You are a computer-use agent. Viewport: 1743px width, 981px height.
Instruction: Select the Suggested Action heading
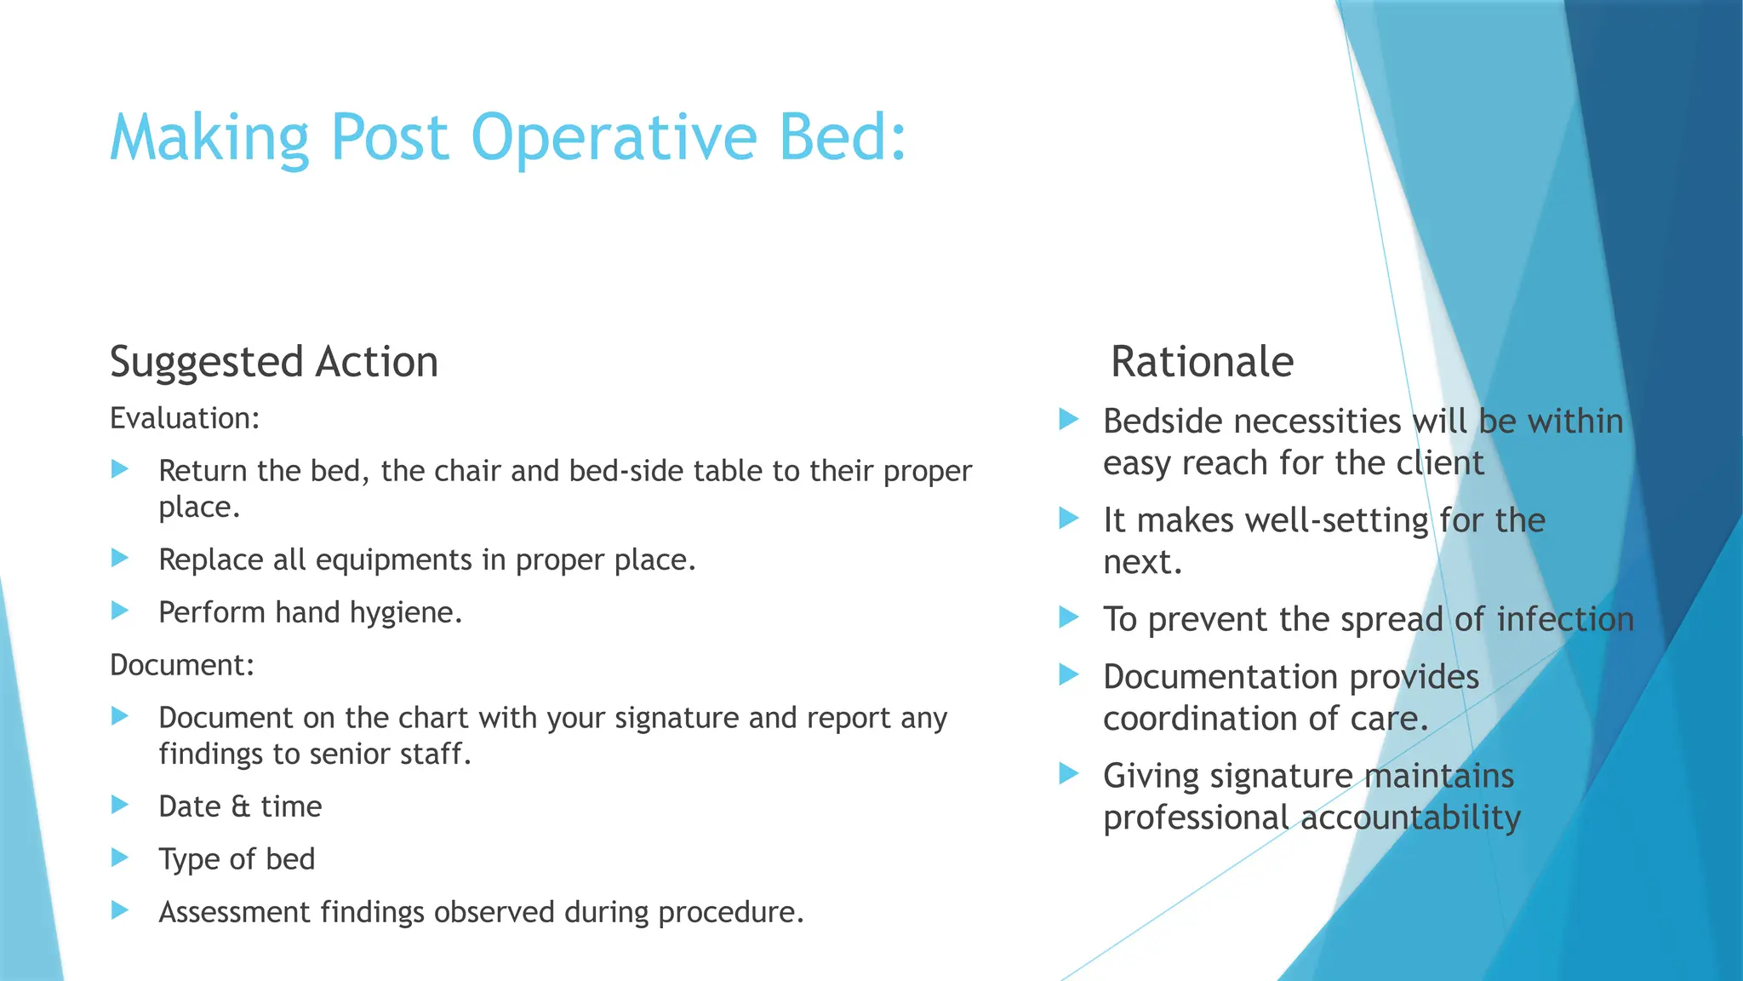[273, 362]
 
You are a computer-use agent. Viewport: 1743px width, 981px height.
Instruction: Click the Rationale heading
[1202, 362]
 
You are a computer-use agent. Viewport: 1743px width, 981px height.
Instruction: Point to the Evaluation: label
[185, 419]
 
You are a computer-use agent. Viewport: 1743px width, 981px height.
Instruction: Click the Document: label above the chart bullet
[182, 665]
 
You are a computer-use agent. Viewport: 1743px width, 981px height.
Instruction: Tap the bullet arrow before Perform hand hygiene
[120, 611]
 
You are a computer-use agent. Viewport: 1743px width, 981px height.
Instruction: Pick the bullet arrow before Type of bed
[120, 858]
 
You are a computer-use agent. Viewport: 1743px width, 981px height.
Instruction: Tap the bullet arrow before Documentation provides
[1069, 675]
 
